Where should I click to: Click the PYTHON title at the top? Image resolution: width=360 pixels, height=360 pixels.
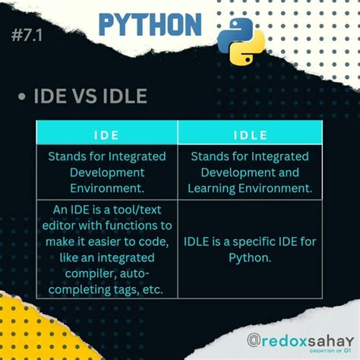pos(150,25)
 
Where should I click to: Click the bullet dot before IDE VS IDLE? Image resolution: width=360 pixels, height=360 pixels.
pos(22,96)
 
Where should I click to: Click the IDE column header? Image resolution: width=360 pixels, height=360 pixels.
pos(106,135)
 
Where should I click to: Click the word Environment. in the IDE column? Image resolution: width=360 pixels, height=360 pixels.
pos(106,188)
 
